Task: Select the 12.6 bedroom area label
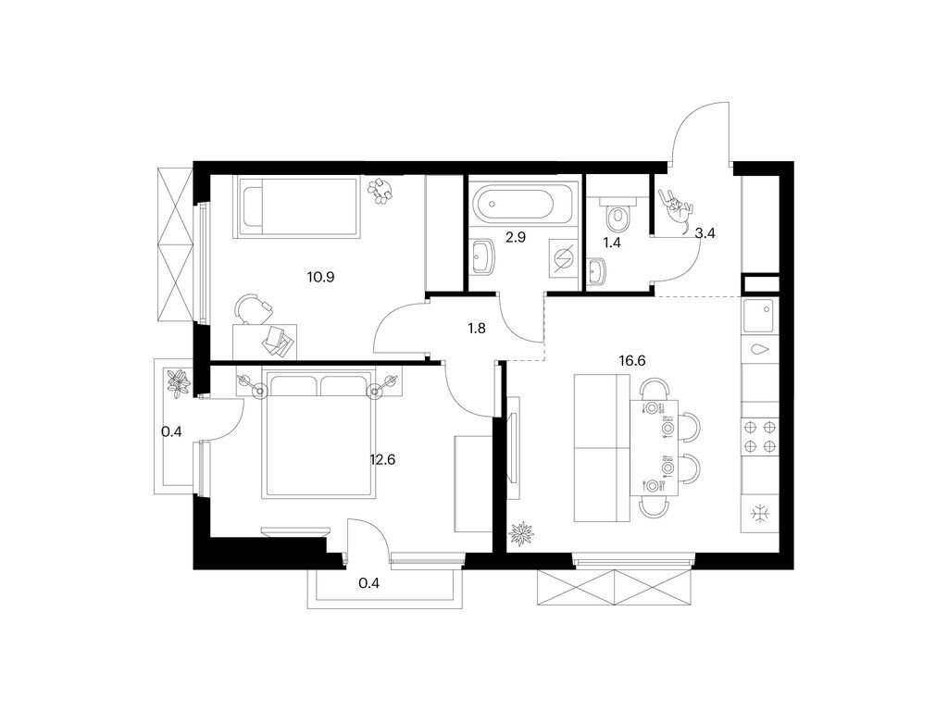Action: click(x=382, y=457)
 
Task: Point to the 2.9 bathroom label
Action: click(x=516, y=237)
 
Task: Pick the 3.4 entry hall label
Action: click(x=705, y=233)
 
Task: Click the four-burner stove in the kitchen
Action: click(x=759, y=436)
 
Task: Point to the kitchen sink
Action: click(x=760, y=319)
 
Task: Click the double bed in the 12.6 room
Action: click(x=319, y=435)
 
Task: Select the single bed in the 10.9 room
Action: click(x=298, y=206)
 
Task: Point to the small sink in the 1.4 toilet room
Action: click(x=598, y=271)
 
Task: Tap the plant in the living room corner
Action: click(x=523, y=532)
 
